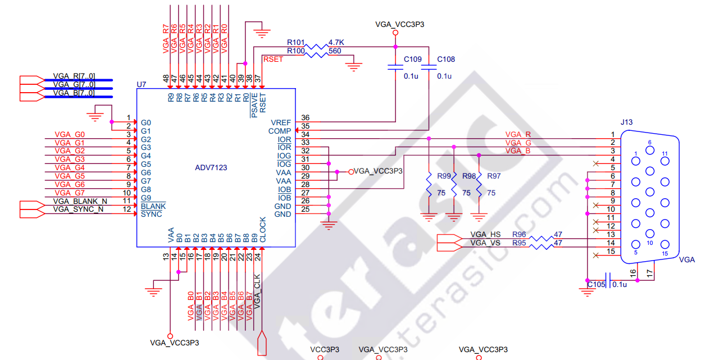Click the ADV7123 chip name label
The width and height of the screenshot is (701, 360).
pos(211,167)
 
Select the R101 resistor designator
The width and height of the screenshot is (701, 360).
pos(295,42)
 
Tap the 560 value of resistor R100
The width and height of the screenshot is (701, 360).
pos(335,51)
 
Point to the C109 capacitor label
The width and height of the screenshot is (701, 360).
pos(413,60)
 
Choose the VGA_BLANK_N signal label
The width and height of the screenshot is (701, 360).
pos(80,200)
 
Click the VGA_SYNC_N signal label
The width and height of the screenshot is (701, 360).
pos(79,209)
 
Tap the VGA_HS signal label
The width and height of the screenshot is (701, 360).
pos(485,234)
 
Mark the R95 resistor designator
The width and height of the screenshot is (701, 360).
pos(519,243)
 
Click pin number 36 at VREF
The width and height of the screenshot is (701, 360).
pos(305,117)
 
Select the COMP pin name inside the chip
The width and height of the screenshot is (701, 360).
pos(279,130)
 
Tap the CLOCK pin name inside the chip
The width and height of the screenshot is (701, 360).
pos(262,229)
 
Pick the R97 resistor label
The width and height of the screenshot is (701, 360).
pos(494,176)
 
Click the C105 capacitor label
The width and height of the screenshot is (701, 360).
pos(597,285)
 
